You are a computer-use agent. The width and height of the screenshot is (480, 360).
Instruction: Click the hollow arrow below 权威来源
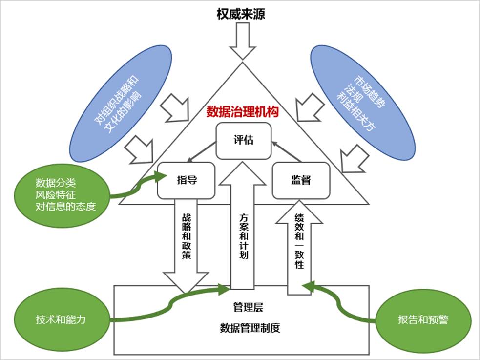[x=243, y=42]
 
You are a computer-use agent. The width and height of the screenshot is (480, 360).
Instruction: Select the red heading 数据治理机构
[x=243, y=111]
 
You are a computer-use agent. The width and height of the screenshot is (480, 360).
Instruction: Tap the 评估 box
[x=243, y=141]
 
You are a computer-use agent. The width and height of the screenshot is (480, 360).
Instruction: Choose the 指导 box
[x=187, y=180]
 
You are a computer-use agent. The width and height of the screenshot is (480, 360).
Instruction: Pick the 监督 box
[x=301, y=180]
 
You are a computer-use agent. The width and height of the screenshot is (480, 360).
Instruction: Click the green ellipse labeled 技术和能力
[x=61, y=320]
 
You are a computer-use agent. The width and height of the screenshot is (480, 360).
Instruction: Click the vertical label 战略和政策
[x=187, y=236]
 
